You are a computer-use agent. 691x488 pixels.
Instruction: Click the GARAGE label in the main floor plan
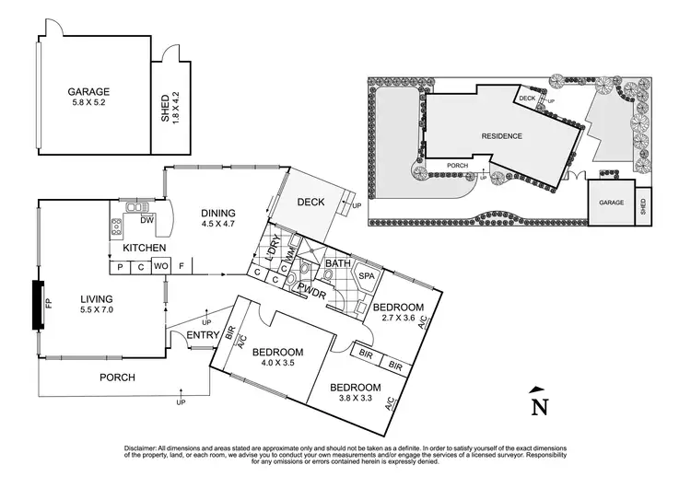tap(88, 92)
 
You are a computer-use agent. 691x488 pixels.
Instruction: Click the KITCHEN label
tap(144, 249)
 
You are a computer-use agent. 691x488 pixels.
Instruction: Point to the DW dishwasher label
tap(146, 220)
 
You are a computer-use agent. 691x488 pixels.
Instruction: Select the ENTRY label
tap(203, 335)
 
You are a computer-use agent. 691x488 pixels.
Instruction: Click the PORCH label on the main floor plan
tap(117, 378)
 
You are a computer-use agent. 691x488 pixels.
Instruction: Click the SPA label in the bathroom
tap(366, 275)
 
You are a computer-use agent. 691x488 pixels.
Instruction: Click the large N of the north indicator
tap(540, 406)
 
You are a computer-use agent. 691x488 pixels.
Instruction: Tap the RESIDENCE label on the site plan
tap(501, 136)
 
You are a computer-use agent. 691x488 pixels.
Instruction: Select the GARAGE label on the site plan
tap(612, 202)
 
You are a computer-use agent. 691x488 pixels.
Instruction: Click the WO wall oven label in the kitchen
tap(160, 267)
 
